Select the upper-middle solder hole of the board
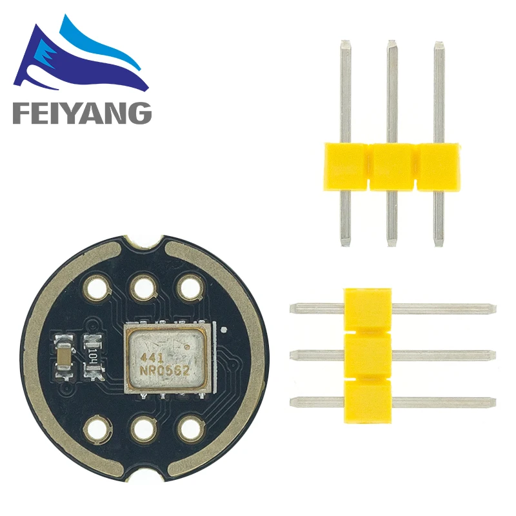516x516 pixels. click(143, 286)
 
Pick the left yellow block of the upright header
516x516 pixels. click(344, 167)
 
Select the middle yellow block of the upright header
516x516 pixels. click(392, 167)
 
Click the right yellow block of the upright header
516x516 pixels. click(439, 167)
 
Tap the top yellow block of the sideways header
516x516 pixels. click(368, 308)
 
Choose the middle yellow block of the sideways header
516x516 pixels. click(368, 355)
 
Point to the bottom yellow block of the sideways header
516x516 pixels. click(368, 401)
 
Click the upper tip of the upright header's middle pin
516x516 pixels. click(392, 45)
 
